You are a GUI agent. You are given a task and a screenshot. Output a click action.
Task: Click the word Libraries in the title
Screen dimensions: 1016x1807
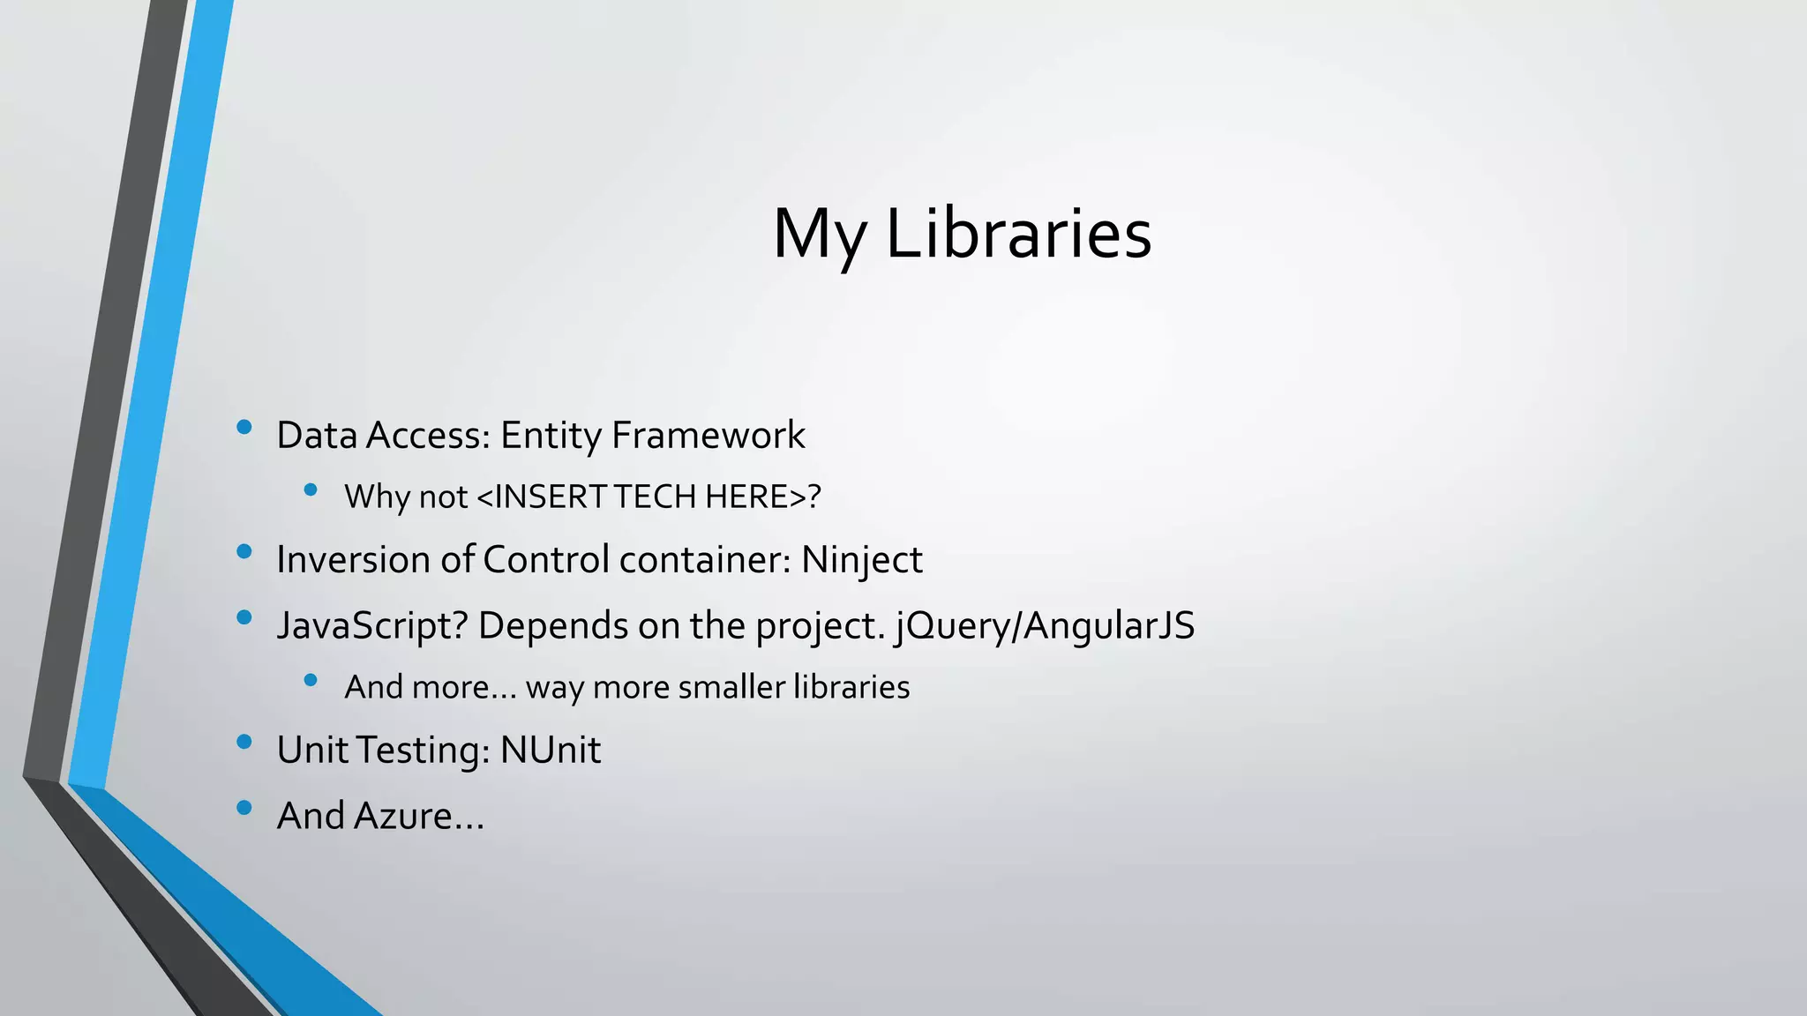(x=1018, y=234)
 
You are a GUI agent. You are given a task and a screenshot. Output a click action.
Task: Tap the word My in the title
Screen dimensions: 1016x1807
(x=819, y=234)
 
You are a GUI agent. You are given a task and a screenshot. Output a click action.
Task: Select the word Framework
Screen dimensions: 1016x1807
(x=708, y=436)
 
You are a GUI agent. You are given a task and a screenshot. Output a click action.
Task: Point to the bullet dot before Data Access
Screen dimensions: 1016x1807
(x=244, y=428)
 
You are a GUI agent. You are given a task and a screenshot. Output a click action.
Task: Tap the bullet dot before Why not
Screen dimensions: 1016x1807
(x=310, y=489)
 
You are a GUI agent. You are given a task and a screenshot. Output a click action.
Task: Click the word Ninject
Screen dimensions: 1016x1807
(x=861, y=560)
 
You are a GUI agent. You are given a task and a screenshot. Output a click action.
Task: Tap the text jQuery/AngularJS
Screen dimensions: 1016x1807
(x=1045, y=626)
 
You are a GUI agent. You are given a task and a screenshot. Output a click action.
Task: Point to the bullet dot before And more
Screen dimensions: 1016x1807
(x=310, y=680)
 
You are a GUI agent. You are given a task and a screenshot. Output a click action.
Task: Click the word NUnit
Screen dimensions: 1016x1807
(x=551, y=751)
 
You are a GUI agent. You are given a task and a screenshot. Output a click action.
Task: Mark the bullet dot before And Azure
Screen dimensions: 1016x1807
(x=244, y=807)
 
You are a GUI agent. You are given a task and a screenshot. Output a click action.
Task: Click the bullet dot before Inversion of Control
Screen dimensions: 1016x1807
(x=244, y=552)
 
